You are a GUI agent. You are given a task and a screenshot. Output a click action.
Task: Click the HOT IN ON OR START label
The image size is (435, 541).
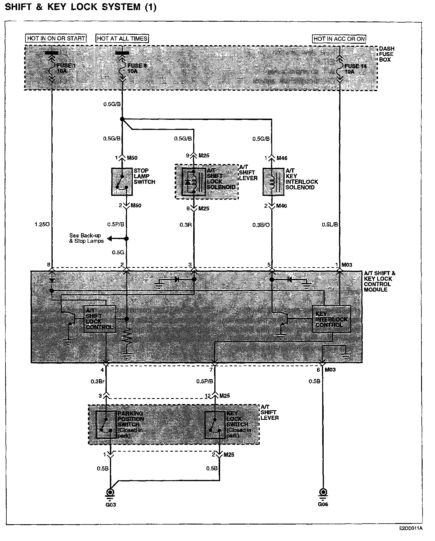(56, 38)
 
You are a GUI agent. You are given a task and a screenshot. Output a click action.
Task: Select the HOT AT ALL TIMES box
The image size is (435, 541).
(122, 38)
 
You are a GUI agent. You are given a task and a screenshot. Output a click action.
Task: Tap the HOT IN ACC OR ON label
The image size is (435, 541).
(339, 39)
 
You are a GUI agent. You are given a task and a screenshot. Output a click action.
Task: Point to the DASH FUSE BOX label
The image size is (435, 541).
(387, 54)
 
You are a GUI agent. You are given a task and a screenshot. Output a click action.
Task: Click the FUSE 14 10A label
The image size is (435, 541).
(355, 69)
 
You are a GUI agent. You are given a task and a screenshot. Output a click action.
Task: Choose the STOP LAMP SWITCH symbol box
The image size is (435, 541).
(122, 182)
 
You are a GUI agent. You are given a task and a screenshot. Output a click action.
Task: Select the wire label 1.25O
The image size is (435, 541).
(42, 224)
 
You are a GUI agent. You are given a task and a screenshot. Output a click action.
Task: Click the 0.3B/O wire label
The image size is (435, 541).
(261, 225)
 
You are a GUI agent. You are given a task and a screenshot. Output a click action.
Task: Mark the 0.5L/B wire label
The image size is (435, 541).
(330, 224)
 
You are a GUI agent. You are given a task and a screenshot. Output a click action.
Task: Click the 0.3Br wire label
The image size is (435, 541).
(97, 381)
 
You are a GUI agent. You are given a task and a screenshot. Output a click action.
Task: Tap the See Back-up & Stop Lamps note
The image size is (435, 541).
(86, 238)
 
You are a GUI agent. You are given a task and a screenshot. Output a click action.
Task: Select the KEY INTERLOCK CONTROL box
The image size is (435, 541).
(331, 319)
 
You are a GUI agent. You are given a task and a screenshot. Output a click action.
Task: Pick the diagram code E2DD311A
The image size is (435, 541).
(411, 528)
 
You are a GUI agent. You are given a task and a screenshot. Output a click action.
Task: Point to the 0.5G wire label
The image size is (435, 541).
(118, 253)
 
